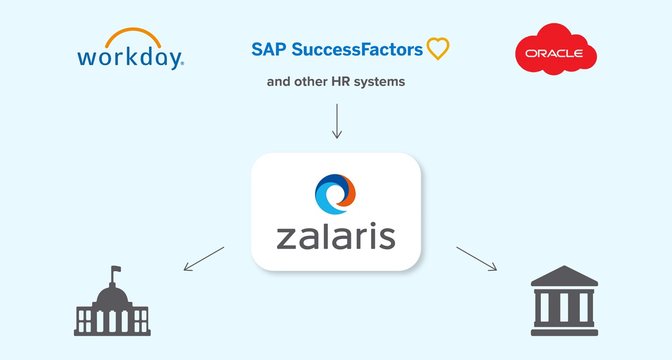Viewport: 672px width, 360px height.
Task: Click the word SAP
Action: pyautogui.click(x=269, y=49)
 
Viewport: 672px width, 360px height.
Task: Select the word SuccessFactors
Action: pyautogui.click(x=357, y=49)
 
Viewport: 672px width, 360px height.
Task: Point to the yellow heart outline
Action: pyautogui.click(x=437, y=49)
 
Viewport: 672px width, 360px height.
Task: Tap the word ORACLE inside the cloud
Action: pyautogui.click(x=554, y=53)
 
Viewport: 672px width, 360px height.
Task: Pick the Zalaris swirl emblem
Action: pyautogui.click(x=335, y=194)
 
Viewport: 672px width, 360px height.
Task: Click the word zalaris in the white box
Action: pyautogui.click(x=336, y=236)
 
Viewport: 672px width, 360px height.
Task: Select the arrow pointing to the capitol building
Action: pyautogui.click(x=204, y=259)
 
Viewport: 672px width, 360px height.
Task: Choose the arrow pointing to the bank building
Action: pyautogui.click(x=476, y=259)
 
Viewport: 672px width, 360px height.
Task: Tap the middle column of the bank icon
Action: pyautogui.click(x=564, y=307)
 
